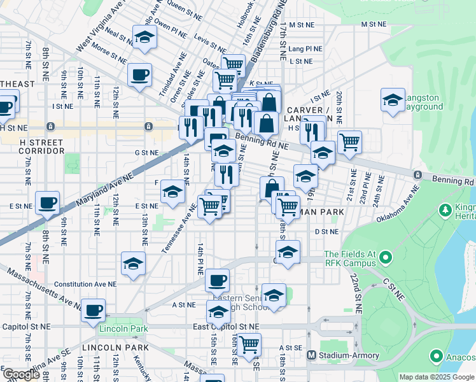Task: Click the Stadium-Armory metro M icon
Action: [312, 355]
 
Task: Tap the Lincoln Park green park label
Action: [123, 329]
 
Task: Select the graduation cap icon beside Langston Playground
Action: [393, 101]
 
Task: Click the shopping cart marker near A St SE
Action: [249, 344]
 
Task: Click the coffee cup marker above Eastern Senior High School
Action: [218, 279]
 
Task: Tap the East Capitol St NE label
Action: [227, 327]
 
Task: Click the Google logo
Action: [21, 374]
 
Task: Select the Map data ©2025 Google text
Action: [436, 377]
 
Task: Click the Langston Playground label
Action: [422, 102]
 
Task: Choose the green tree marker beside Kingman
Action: [445, 209]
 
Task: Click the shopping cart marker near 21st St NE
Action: [349, 143]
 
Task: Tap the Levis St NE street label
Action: [210, 48]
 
